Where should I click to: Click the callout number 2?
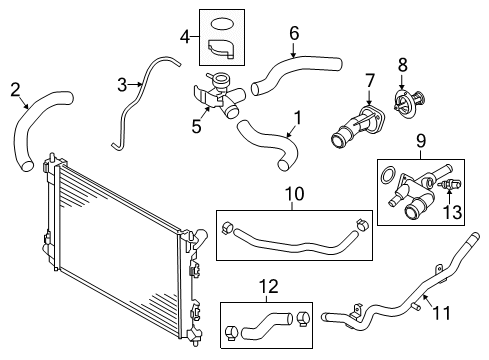coord(15,90)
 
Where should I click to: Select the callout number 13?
coord(452,212)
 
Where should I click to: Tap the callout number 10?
coord(295,194)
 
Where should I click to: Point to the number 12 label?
coord(269,286)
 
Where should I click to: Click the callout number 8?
coord(403,65)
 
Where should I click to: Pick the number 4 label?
coord(185,37)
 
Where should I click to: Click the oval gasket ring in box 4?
coord(222,24)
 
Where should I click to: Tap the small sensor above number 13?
coord(450,184)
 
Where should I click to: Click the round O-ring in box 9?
coord(387,175)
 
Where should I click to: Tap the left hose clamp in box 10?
coord(228,227)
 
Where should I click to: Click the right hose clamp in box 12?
coord(303,318)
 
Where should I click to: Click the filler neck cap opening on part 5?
coord(220,79)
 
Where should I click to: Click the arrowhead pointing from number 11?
coord(424,296)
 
